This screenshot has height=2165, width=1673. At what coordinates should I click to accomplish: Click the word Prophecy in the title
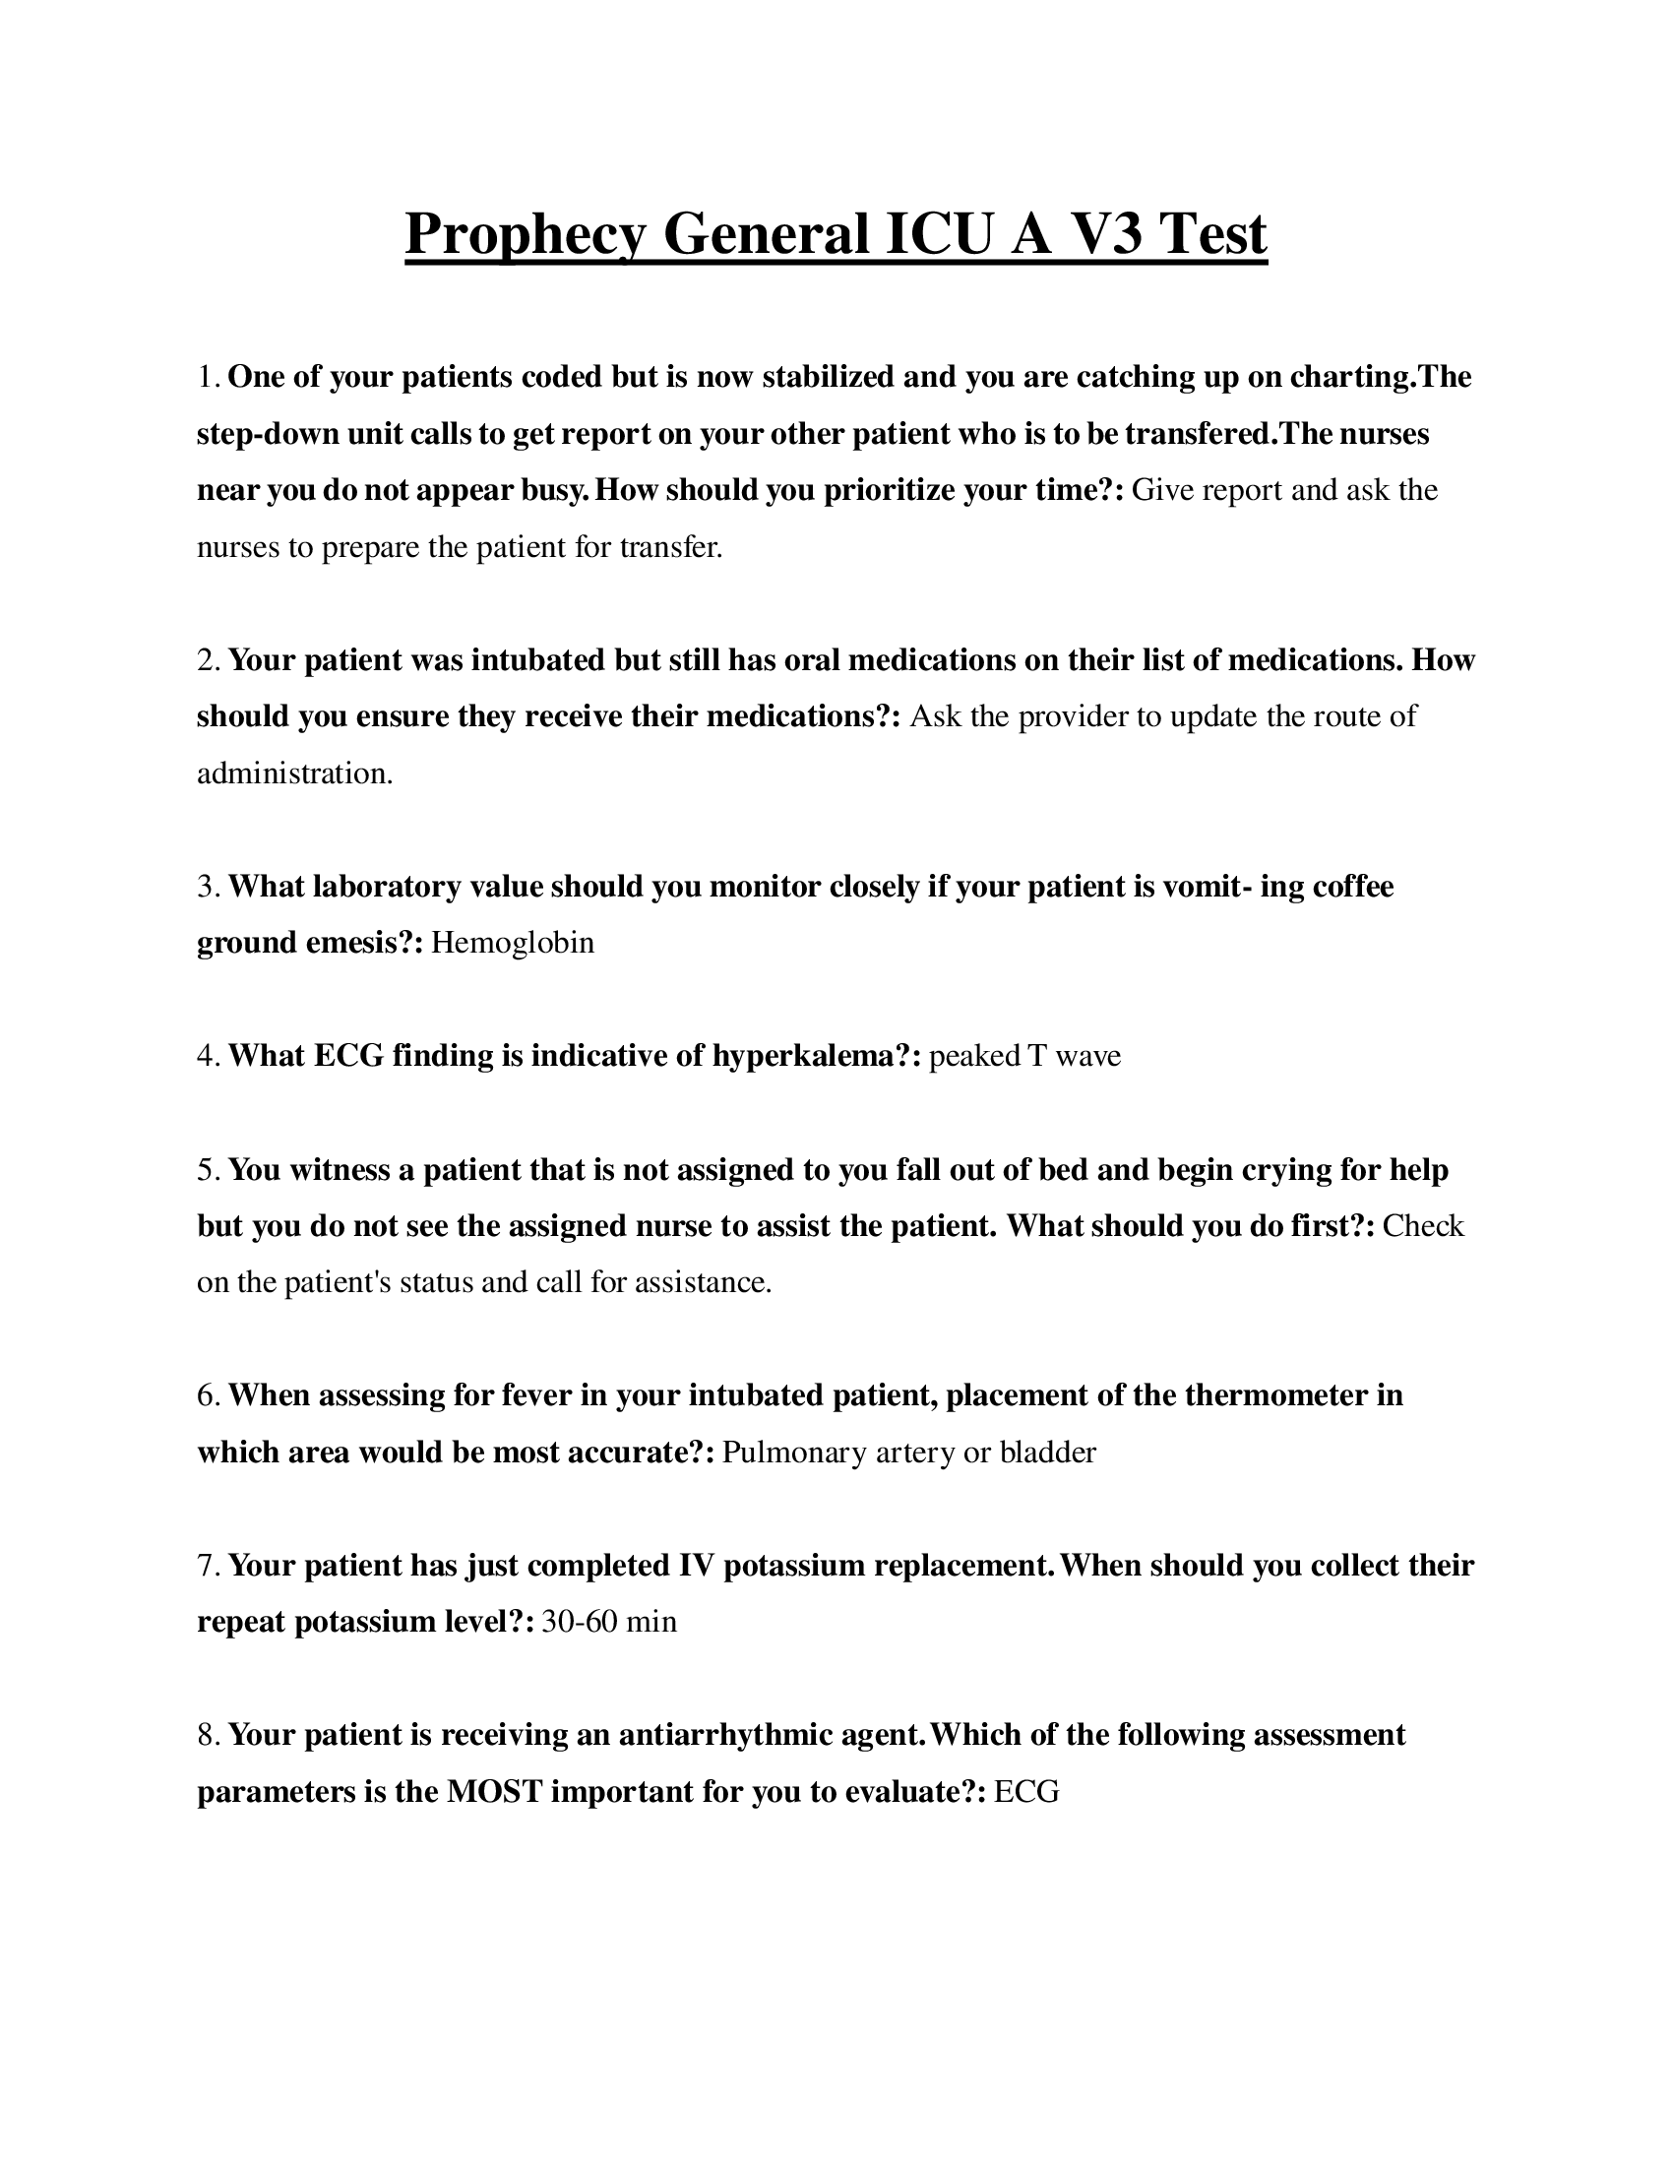pos(526,236)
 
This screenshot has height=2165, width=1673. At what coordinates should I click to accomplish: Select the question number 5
pos(208,1170)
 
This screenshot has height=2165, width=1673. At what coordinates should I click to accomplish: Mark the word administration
pos(294,773)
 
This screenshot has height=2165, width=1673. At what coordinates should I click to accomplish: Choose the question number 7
pos(208,1566)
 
